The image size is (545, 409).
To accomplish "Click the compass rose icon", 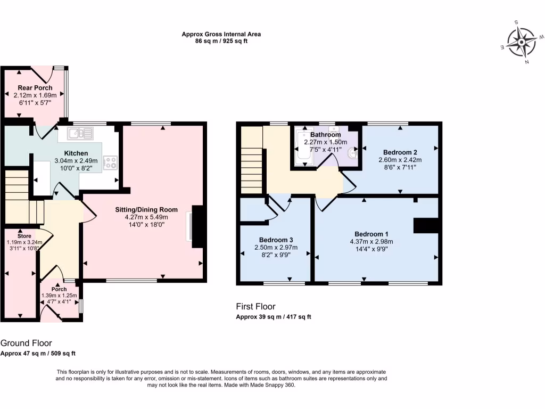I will click(x=522, y=42).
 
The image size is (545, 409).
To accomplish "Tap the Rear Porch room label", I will click(x=35, y=88).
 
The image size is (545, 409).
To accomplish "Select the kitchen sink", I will click(x=80, y=132).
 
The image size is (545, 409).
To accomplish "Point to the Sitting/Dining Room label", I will click(x=146, y=209).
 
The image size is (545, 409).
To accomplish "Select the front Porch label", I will click(x=59, y=289).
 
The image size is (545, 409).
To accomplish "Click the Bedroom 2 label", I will click(x=400, y=152).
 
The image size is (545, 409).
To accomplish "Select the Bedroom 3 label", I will click(x=275, y=240).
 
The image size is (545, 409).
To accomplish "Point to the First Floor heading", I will click(x=255, y=306).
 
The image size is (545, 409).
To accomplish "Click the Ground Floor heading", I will click(x=26, y=343).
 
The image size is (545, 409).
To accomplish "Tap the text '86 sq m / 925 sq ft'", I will click(x=221, y=41).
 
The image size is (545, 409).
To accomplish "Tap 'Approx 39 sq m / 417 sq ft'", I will click(x=273, y=317).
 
